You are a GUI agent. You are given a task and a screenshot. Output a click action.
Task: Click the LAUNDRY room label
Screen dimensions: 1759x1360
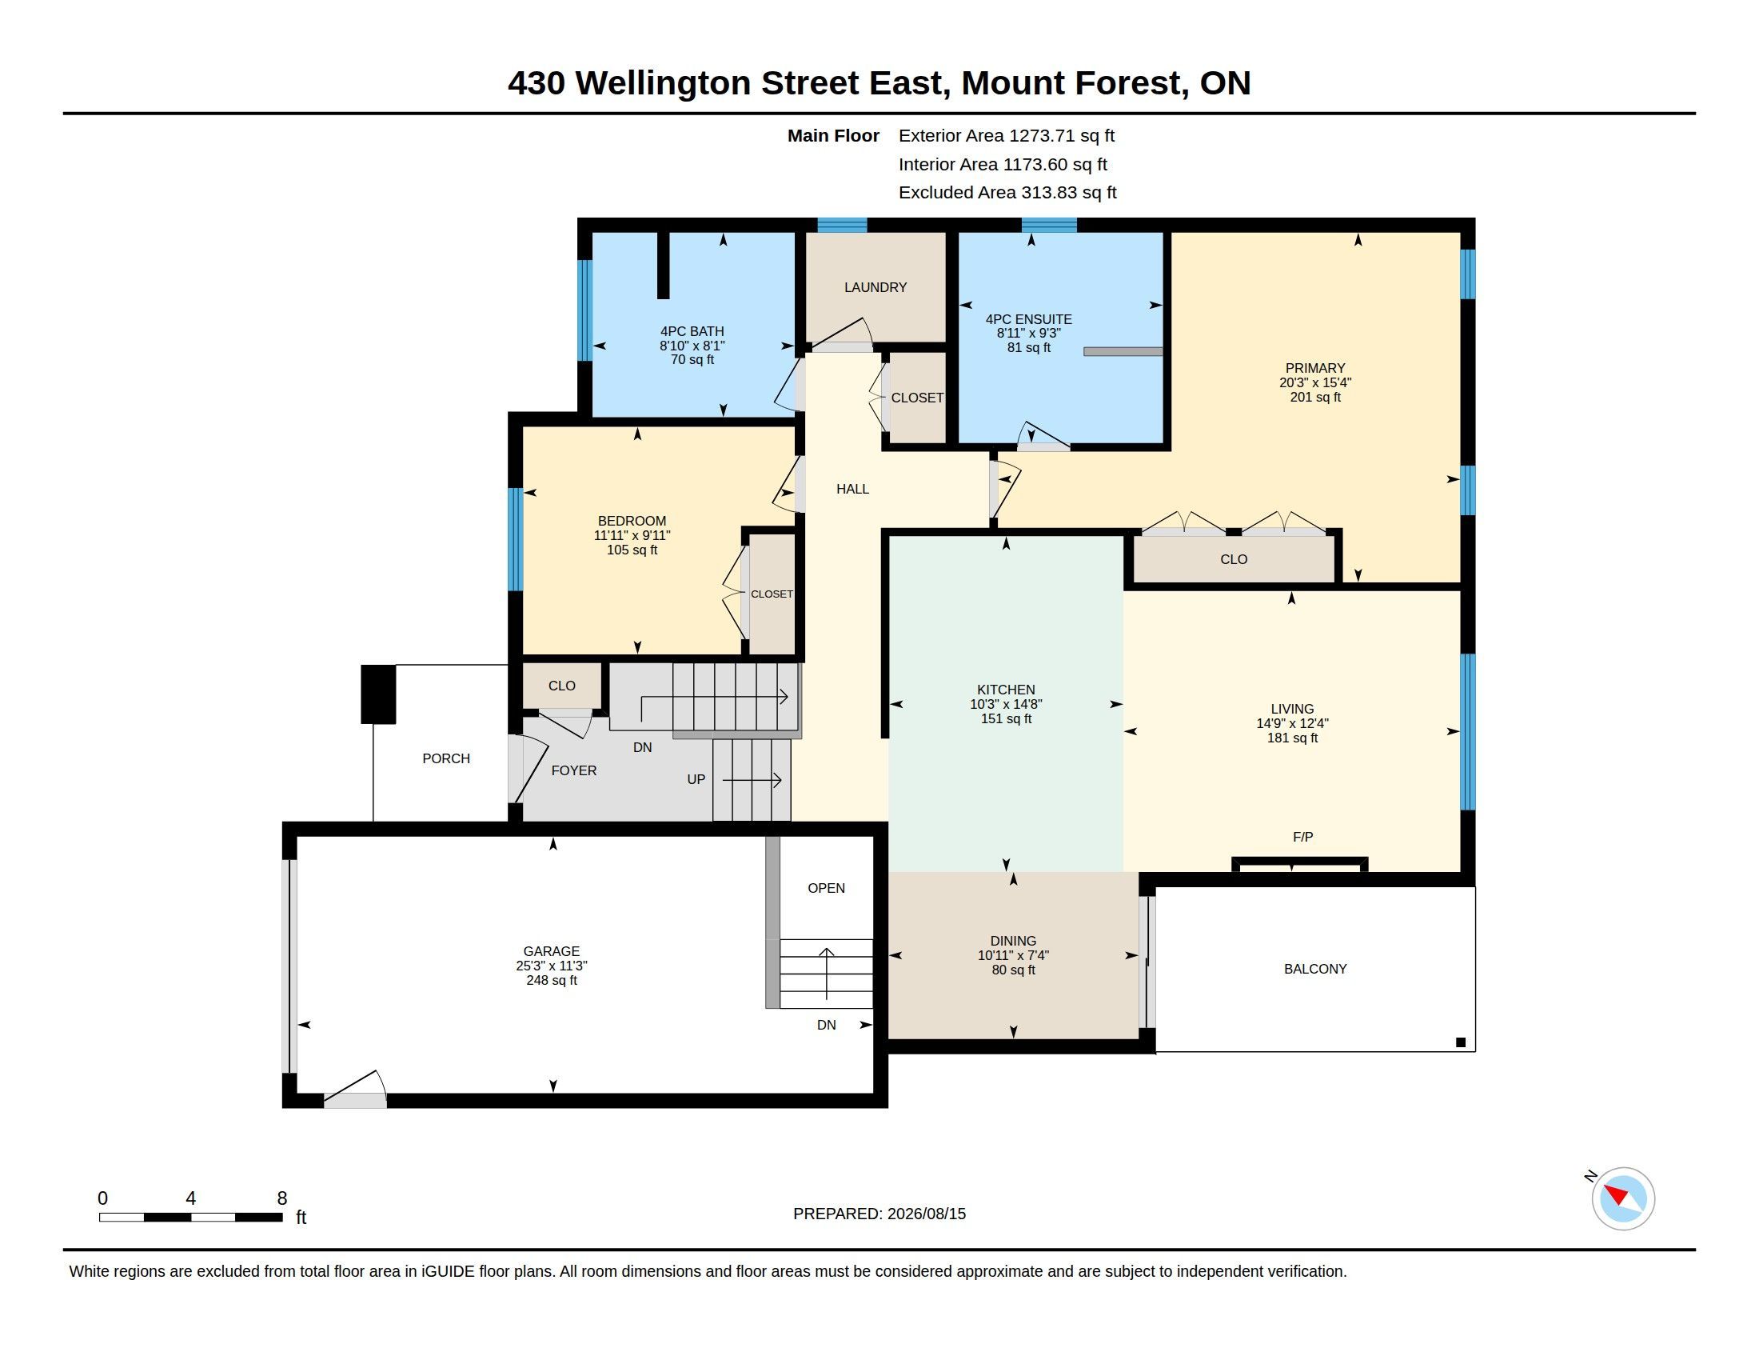875,288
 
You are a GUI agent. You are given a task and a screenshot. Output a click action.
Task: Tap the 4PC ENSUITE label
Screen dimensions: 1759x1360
1028,319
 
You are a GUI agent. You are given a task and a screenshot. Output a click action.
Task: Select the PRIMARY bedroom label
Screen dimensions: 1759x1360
1314,368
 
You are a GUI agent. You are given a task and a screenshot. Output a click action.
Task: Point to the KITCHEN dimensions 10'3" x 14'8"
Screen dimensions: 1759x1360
1006,704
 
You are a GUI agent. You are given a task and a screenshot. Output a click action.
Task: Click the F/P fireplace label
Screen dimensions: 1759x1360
1302,837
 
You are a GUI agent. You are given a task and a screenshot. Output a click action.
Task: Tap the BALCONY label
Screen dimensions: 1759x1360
1315,970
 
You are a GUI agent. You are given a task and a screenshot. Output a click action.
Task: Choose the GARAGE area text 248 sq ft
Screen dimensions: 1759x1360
552,981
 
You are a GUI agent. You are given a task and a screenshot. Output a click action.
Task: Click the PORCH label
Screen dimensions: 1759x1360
446,759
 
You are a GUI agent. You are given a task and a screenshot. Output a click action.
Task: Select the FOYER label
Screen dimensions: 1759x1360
573,771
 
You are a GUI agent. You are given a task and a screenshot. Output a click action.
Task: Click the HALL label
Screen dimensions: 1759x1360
852,489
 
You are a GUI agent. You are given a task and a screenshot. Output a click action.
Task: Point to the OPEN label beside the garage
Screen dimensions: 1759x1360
827,888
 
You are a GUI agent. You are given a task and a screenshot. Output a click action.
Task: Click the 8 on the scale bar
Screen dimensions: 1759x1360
282,1198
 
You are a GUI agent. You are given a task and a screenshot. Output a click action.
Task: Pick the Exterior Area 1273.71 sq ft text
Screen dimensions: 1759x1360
1007,135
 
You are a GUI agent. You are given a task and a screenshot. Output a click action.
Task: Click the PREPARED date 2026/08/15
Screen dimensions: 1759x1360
926,1214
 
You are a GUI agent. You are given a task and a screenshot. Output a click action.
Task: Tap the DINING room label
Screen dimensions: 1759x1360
1013,941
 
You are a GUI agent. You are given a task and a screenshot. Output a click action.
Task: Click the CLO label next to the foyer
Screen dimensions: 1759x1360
561,686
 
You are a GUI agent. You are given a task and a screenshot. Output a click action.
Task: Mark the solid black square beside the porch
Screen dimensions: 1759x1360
377,694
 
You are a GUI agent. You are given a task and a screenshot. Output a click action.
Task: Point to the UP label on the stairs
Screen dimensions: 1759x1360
696,780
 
